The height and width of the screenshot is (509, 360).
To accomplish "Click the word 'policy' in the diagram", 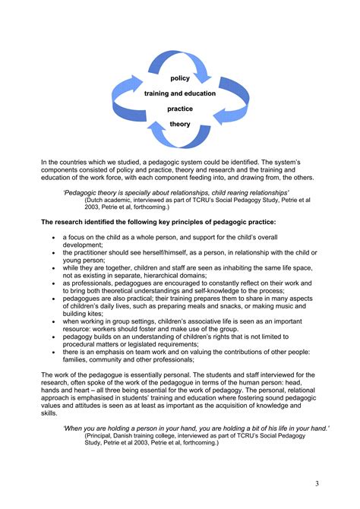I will tap(180, 78).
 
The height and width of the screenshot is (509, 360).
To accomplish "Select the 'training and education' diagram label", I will tap(180, 93).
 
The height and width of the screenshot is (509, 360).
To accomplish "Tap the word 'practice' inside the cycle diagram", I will tap(180, 109).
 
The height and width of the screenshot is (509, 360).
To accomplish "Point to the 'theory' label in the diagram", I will tap(180, 124).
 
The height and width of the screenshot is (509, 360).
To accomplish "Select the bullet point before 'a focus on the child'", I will tap(53, 239).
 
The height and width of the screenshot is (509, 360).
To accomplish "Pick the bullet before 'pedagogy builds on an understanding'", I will tap(53, 334).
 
